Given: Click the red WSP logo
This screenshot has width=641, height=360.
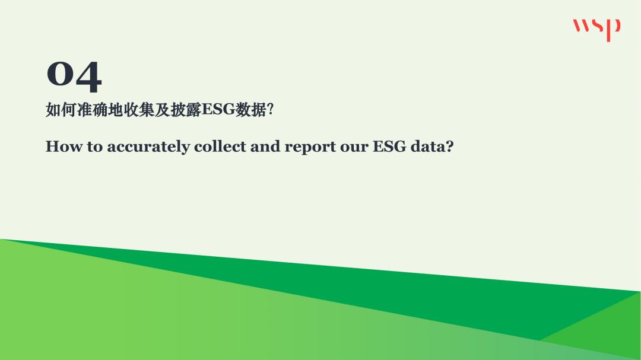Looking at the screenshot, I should [596, 29].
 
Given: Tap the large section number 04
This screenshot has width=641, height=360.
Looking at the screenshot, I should [74, 77].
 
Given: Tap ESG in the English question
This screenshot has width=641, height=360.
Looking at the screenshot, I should [388, 146].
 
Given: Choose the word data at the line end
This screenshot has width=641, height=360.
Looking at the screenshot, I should [427, 146].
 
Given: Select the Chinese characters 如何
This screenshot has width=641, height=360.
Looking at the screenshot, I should [61, 110].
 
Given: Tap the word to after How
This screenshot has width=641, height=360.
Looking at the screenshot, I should [95, 147].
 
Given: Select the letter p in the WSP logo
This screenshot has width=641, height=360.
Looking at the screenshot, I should [615, 29].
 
